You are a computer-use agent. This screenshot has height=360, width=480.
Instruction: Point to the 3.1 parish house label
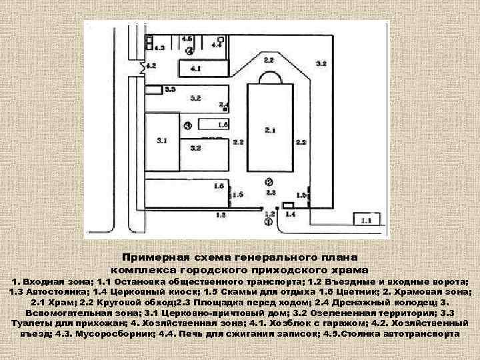pos(163,141)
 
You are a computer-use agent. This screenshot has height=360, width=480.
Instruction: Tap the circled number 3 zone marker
pos(188,125)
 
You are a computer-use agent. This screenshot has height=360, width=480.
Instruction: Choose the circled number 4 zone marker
pos(191,50)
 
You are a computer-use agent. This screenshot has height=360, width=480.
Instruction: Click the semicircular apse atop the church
pos(269,77)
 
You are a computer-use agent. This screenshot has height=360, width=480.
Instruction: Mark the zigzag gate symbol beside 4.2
pos(142,66)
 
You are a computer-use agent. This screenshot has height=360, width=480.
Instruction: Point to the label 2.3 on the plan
pos(270,192)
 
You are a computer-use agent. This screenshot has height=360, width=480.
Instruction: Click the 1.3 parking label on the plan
pos(221,215)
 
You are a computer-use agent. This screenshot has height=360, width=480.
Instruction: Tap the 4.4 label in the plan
pos(217,45)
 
